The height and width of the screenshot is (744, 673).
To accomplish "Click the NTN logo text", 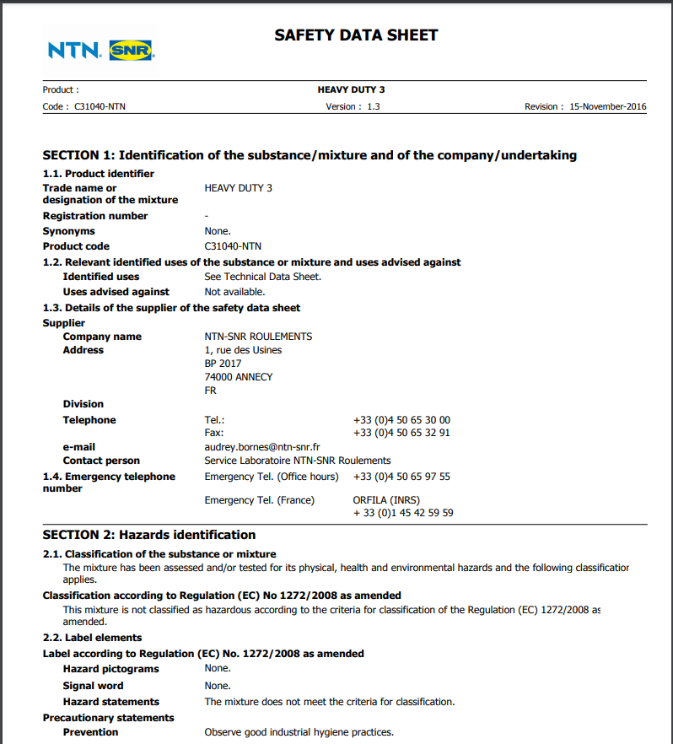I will [74, 51].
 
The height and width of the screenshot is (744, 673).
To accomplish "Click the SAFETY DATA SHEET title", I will [356, 35].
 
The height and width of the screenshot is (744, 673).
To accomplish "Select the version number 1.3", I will [374, 107].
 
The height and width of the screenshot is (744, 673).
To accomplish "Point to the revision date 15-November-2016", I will [607, 107].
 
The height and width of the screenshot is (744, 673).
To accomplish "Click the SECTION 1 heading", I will [310, 155].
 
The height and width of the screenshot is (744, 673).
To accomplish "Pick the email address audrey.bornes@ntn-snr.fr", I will [261, 447].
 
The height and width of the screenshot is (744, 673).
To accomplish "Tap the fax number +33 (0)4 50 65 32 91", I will [401, 433].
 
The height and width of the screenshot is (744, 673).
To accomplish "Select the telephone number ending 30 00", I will [401, 420].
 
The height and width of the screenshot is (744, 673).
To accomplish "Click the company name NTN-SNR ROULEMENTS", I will [258, 337].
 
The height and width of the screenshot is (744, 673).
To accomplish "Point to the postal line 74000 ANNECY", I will [239, 377].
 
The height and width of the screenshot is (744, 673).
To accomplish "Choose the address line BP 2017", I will [223, 364].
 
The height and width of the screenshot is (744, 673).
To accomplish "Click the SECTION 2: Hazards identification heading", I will [149, 535].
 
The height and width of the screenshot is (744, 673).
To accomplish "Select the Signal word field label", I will [93, 686].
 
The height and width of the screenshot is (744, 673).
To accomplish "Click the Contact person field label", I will [101, 461].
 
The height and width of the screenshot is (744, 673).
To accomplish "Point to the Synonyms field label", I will [69, 231].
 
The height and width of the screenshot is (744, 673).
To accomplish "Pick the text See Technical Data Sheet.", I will [262, 277].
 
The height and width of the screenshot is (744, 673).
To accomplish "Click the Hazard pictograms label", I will [110, 669].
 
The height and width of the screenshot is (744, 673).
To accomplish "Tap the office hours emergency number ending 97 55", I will [401, 477].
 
